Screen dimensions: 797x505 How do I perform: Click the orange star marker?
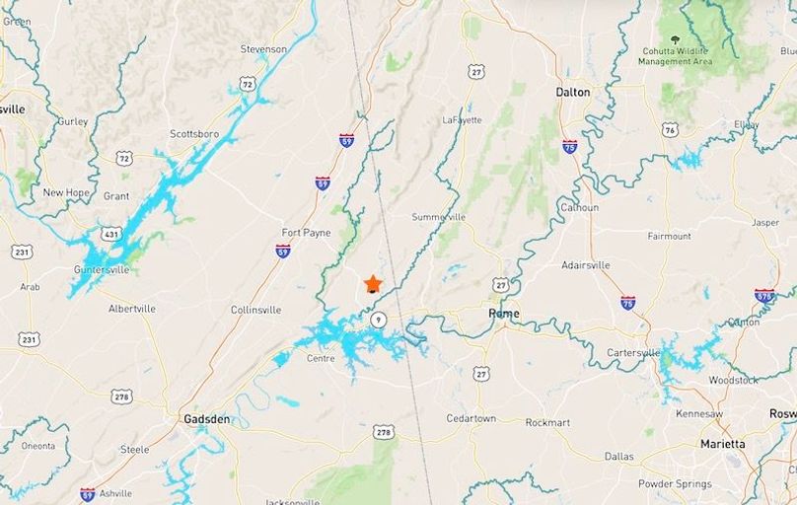(x=373, y=284)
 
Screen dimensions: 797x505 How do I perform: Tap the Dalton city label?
(x=572, y=92)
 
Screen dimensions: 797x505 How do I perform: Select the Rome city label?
(x=503, y=314)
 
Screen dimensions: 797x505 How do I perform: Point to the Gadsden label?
(x=206, y=419)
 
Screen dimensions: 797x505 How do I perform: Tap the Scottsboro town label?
(x=193, y=133)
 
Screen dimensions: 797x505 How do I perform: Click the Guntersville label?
(x=101, y=269)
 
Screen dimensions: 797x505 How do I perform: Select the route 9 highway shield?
(x=379, y=320)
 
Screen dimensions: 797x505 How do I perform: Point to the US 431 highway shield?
(x=111, y=234)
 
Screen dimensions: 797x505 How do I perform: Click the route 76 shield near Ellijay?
(x=670, y=129)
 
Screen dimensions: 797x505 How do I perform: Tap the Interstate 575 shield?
(x=764, y=295)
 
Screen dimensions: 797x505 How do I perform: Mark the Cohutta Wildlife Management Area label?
(x=676, y=55)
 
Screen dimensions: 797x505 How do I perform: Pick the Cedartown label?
(x=471, y=418)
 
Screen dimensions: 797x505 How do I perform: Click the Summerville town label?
(x=438, y=217)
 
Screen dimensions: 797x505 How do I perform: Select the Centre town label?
(x=321, y=358)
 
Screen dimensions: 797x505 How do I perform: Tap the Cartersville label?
(x=633, y=353)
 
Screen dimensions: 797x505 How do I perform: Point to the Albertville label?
(x=132, y=309)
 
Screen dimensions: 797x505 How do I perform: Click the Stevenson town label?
(x=263, y=49)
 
